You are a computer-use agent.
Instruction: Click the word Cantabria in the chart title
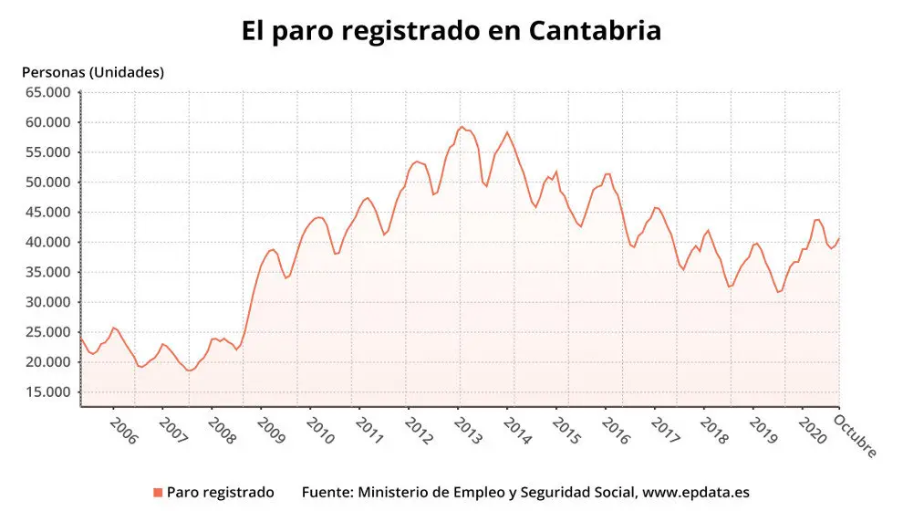point(594,30)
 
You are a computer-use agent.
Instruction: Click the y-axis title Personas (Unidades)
point(92,72)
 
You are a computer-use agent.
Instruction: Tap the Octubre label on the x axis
point(856,436)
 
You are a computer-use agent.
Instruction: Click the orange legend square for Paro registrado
point(158,493)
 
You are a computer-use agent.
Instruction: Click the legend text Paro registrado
point(220,493)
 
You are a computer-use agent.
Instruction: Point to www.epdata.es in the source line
point(696,493)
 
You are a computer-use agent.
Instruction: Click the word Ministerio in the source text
point(392,493)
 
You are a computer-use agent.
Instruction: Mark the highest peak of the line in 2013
point(462,127)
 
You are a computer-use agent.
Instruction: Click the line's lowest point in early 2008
point(190,370)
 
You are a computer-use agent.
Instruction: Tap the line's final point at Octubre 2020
point(838,238)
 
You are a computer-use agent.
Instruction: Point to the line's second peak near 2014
point(507,132)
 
